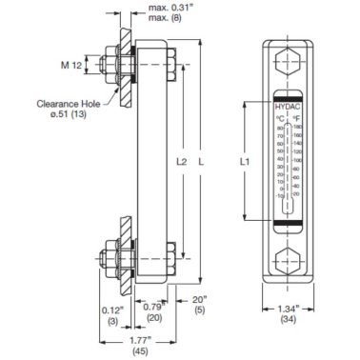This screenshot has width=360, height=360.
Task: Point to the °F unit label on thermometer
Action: pos(295,119)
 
